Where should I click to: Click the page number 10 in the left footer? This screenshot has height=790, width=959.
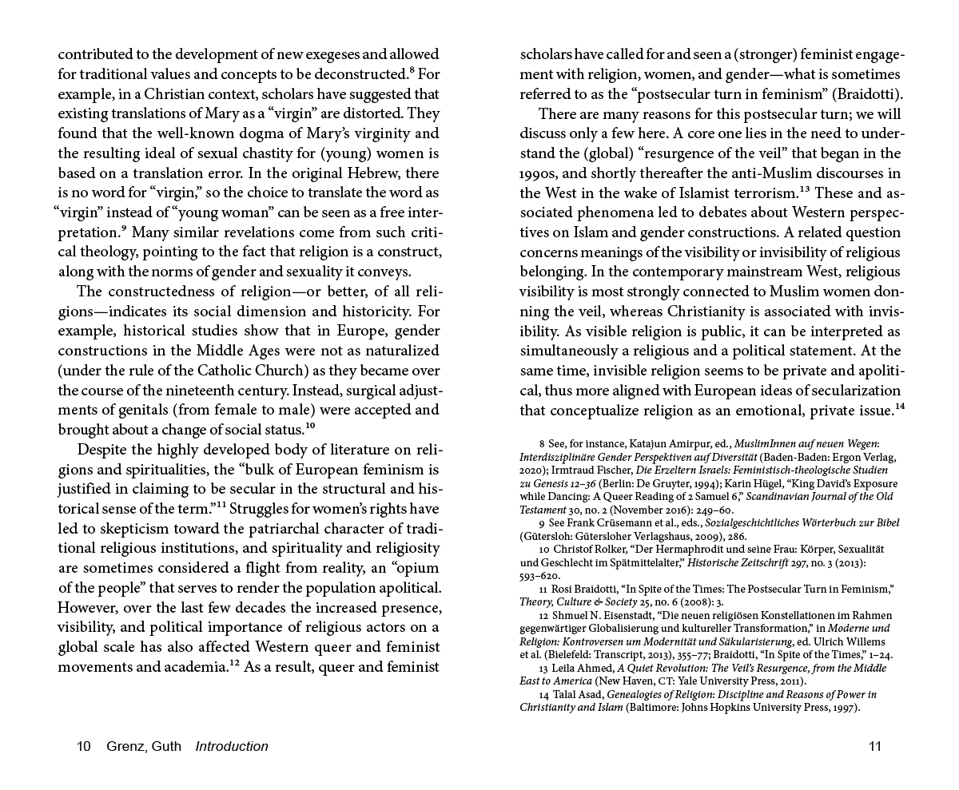pos(83,747)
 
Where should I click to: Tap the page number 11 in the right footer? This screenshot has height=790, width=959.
pos(874,747)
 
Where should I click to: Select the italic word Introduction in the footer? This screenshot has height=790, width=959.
pos(232,747)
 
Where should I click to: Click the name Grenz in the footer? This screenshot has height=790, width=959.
pos(123,747)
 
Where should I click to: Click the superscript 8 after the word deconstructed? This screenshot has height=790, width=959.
pos(412,72)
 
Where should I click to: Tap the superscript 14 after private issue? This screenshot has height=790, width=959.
pos(899,407)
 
